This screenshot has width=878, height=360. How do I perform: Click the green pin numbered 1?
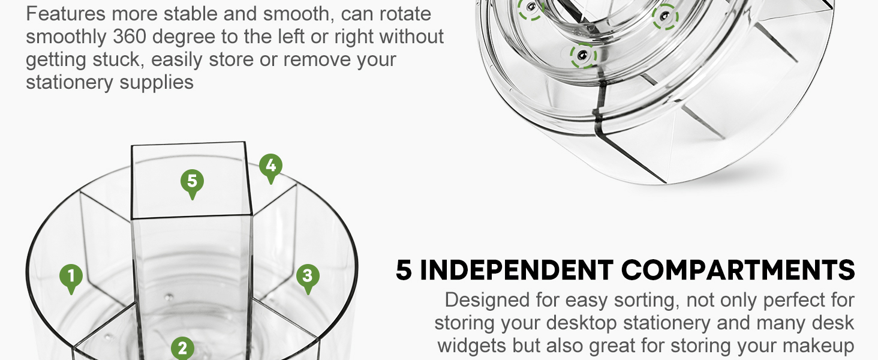click(x=71, y=278)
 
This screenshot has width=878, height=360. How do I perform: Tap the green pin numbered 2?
click(x=182, y=348)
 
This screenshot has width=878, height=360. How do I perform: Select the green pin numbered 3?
click(x=308, y=277)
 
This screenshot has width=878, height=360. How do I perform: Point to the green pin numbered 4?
click(x=271, y=166)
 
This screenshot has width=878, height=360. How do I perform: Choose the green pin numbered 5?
click(x=192, y=182)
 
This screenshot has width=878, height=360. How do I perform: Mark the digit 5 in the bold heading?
click(x=404, y=271)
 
